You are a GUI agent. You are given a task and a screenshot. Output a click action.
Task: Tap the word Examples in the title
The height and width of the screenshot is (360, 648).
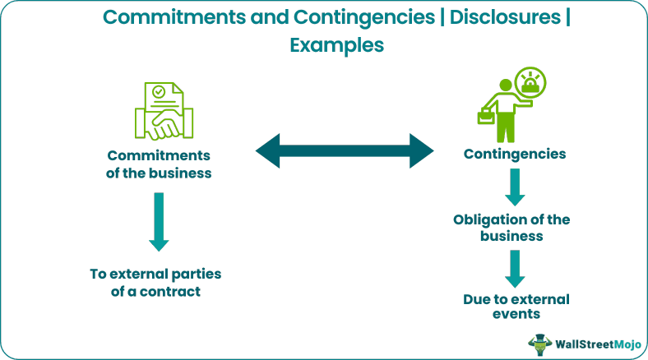point(337,46)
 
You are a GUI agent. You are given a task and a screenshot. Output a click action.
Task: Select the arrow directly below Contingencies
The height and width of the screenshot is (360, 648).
point(515,187)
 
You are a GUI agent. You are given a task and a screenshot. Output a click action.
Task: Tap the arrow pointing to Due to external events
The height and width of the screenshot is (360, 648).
point(515,267)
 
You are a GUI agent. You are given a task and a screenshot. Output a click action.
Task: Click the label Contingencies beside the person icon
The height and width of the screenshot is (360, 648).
point(514,154)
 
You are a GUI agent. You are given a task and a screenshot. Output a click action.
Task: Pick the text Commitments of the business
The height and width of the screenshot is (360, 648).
point(160,164)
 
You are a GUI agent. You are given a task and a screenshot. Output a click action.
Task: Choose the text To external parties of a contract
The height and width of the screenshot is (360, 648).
point(155,281)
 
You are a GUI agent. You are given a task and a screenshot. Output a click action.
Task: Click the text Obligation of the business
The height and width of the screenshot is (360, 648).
point(511,228)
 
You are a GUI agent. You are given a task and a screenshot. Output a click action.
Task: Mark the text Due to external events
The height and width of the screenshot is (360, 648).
point(516,305)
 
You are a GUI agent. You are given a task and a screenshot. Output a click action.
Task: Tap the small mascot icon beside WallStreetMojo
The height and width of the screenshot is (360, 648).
point(539,343)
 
